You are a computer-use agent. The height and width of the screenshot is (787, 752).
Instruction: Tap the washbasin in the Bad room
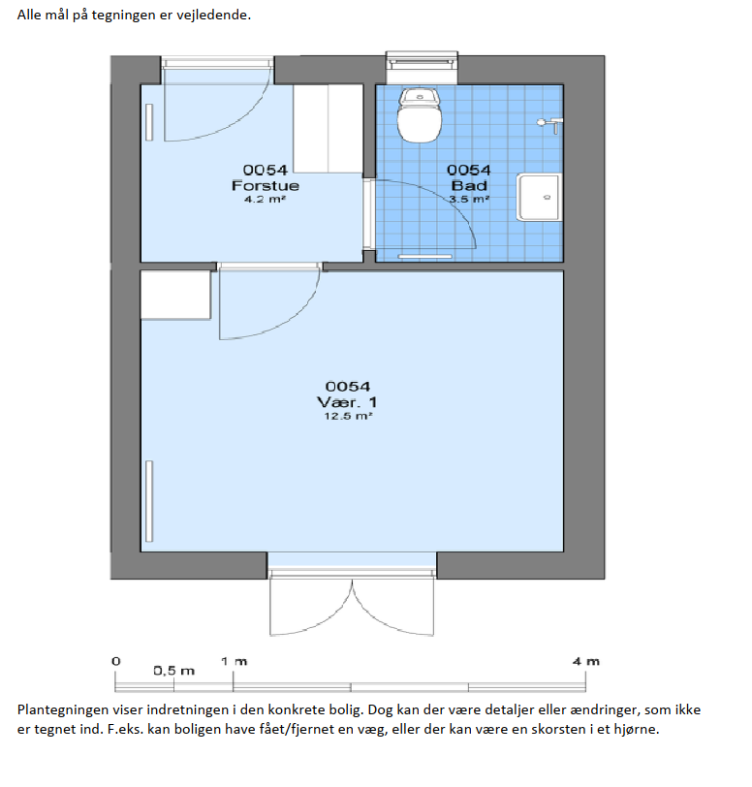pos(539,198)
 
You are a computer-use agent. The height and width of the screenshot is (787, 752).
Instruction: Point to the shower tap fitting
pos(550,124)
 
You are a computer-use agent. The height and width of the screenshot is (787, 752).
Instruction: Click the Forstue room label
pos(266,186)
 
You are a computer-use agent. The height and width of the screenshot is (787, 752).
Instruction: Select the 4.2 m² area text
pos(266,200)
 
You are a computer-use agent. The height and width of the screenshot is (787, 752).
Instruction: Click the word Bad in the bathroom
pos(469,186)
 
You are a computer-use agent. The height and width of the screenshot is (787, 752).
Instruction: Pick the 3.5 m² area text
pos(469,200)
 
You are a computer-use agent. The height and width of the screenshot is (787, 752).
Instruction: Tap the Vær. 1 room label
pos(347,402)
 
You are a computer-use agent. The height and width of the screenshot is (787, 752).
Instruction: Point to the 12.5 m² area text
pos(348,416)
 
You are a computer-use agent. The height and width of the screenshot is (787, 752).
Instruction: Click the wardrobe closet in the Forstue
pos(328,129)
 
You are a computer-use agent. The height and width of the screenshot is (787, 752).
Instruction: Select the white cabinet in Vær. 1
pos(175,295)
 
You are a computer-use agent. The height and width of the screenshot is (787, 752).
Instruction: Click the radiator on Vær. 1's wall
pos(149,501)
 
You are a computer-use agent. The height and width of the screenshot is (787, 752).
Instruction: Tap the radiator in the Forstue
pos(149,122)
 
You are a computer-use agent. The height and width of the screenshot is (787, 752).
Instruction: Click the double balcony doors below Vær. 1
pos(352,602)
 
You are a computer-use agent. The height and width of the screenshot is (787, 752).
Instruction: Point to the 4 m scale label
pos(586,662)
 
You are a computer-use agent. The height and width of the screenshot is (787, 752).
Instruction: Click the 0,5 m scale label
pos(173,671)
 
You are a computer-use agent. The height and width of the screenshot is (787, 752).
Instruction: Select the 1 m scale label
pos(234,662)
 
